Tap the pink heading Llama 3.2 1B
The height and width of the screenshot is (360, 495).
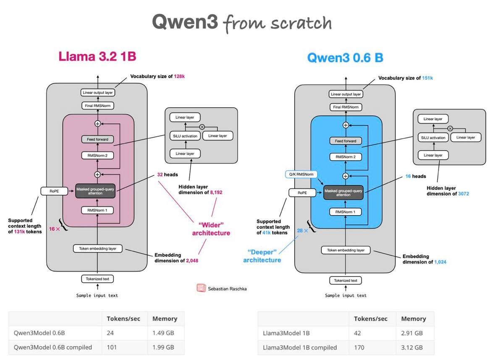coord(97,56)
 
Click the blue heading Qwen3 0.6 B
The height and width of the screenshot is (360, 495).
coord(345,57)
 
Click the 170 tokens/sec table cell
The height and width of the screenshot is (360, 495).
coord(359,347)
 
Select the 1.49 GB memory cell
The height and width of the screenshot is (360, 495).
coord(163,333)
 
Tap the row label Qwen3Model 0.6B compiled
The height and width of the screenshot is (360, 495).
coord(53,347)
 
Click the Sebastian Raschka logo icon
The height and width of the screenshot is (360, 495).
coord(201,288)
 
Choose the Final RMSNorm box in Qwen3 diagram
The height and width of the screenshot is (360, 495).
coord(346,107)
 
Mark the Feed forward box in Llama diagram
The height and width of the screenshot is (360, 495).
coord(97,139)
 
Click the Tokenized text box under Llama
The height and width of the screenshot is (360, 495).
coord(97,279)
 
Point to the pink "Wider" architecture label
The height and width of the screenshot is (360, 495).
coord(211,229)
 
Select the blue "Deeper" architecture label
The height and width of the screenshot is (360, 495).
coord(262,256)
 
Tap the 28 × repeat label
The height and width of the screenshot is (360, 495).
coord(303,231)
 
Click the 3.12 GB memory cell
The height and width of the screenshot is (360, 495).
coord(412,347)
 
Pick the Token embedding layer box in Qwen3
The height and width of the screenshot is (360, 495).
coord(346,250)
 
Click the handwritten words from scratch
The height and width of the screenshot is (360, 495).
coord(278,23)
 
